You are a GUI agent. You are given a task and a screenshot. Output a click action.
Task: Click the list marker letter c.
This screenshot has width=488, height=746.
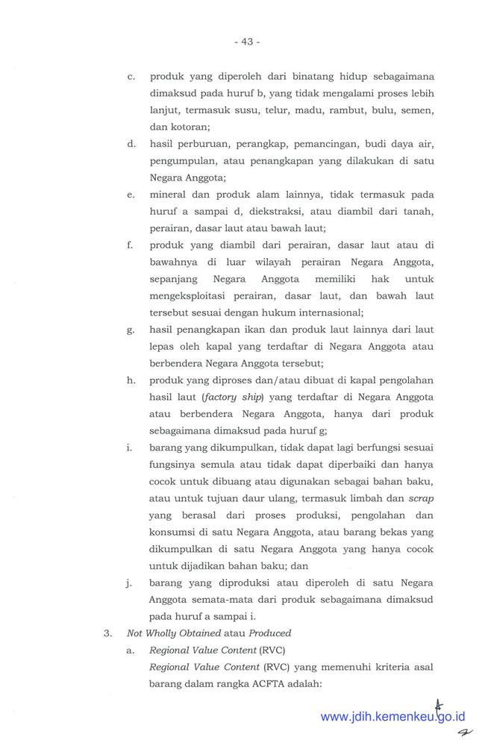point(131,76)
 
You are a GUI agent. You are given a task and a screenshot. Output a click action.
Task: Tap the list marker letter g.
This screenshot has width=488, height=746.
point(131,330)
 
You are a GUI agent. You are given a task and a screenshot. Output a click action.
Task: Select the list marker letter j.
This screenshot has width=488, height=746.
point(131,583)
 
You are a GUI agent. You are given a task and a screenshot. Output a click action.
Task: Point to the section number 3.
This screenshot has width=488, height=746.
point(107,633)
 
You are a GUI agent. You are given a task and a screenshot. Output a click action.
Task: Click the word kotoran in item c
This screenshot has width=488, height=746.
point(190,127)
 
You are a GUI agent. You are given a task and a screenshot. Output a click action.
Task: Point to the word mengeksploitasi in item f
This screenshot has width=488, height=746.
point(190,295)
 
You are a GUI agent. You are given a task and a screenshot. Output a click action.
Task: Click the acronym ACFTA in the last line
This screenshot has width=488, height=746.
point(295,684)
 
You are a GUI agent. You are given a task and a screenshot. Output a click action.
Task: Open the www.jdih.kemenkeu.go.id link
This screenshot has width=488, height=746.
point(392,717)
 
